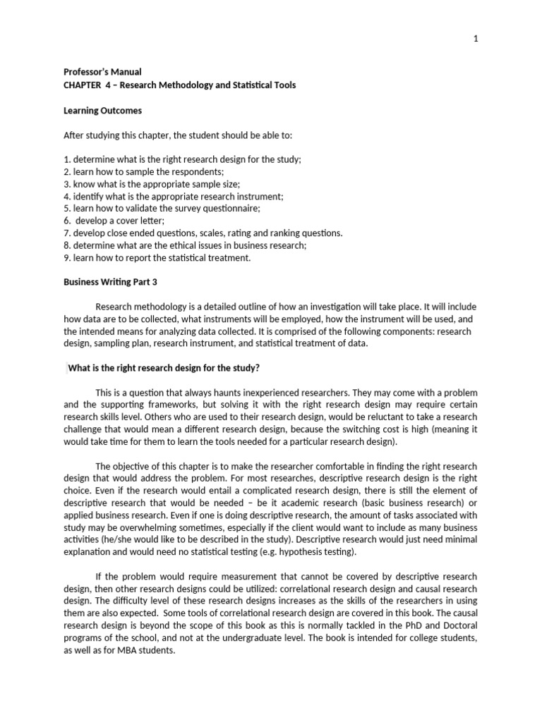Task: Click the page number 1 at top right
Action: coord(476,39)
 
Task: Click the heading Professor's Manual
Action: coord(102,72)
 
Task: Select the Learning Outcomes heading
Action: coord(102,111)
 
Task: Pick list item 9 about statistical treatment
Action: coord(157,258)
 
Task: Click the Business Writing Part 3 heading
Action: coord(110,282)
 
